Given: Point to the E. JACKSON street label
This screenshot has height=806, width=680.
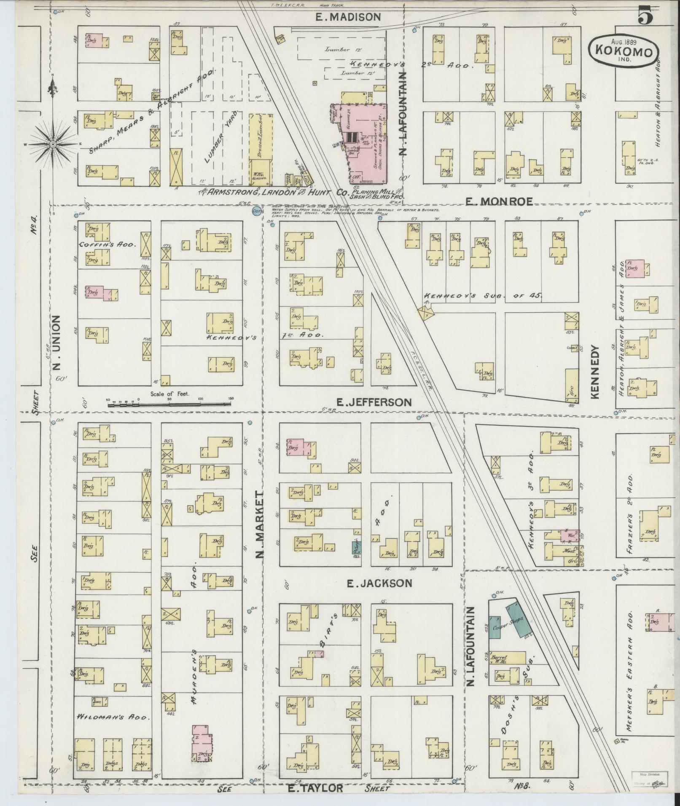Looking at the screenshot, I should pyautogui.click(x=379, y=583).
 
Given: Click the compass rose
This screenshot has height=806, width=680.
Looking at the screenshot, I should pyautogui.click(x=53, y=144).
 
